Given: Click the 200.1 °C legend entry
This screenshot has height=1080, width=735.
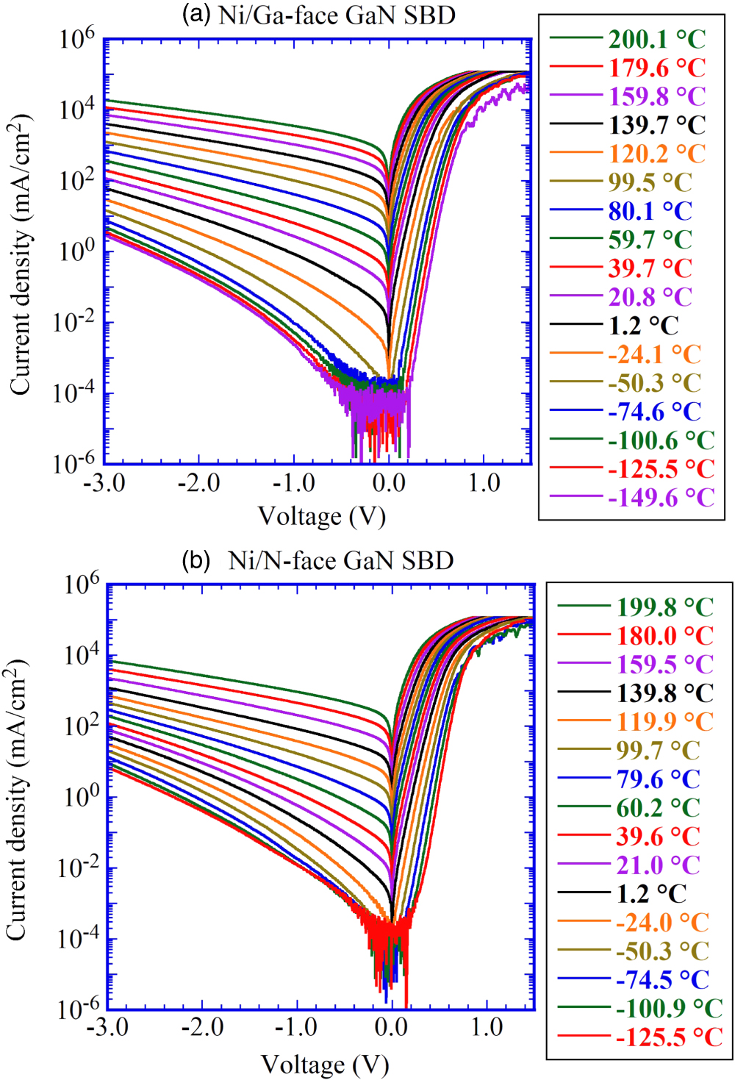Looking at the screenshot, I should [656, 39].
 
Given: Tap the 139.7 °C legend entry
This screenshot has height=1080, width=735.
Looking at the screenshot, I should [656, 125].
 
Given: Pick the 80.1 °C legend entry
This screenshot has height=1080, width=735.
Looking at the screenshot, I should [650, 211].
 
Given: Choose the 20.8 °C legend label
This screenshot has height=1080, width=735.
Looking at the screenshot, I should [650, 297].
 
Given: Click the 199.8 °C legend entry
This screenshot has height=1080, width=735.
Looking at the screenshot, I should [664, 607].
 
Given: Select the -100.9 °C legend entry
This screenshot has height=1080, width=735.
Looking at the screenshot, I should [669, 1008].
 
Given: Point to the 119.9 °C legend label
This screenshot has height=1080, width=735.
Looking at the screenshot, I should [664, 722].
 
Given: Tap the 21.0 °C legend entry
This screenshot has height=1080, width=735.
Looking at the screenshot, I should [658, 865].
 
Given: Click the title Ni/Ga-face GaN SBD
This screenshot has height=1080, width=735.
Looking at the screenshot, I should [337, 15].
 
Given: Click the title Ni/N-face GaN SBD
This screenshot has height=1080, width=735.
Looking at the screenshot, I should [340, 561].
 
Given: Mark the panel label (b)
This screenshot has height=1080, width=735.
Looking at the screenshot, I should [196, 561].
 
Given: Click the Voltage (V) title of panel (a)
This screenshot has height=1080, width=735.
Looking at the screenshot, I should [322, 516].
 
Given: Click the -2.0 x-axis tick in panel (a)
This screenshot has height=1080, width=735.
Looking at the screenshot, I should [199, 483].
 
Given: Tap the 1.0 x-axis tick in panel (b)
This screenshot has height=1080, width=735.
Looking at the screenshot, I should [487, 1026].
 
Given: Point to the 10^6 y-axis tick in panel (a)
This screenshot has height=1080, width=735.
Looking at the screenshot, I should [77, 37].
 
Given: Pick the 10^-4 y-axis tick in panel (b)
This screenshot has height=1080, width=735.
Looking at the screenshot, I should [79, 937].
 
